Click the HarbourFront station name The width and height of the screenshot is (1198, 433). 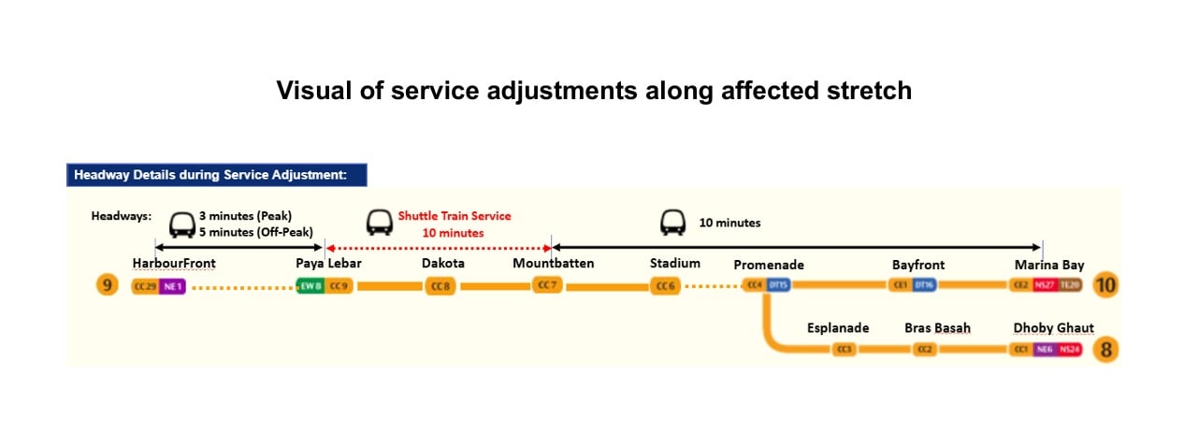(x=174, y=264)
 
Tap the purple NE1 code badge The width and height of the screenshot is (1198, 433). (x=173, y=286)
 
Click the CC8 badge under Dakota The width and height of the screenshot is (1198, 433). (x=440, y=286)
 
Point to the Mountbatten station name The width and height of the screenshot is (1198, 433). (x=553, y=264)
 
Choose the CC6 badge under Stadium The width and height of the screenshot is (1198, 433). (x=665, y=286)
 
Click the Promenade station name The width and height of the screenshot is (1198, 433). (x=769, y=265)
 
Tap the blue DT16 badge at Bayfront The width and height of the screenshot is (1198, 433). (x=924, y=285)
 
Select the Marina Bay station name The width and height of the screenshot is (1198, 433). (x=1049, y=265)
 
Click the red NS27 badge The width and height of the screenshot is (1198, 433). (x=1044, y=285)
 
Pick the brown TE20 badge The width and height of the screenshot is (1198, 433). (x=1070, y=285)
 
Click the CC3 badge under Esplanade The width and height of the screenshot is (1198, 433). (x=844, y=350)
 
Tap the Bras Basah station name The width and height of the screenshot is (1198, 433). (x=937, y=328)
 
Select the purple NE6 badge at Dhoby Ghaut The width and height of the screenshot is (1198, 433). (x=1044, y=350)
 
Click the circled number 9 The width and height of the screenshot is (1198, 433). (x=108, y=285)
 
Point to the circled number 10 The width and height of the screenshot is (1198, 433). (x=1105, y=285)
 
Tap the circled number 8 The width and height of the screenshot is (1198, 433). (x=1105, y=351)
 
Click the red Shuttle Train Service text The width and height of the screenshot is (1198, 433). (x=455, y=216)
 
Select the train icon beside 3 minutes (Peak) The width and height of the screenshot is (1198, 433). (x=180, y=224)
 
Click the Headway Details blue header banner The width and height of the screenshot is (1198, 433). (x=217, y=175)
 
